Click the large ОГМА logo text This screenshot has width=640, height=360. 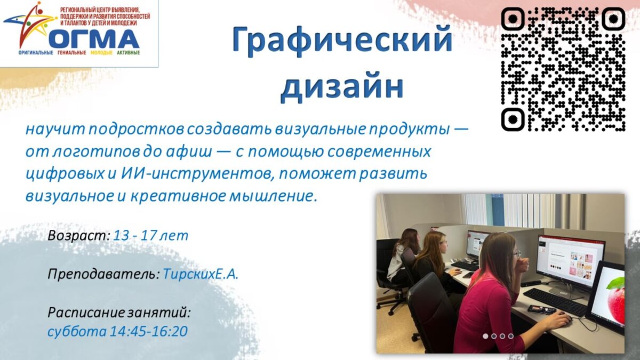coord(94,38)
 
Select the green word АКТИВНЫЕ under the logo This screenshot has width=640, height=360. coord(129,53)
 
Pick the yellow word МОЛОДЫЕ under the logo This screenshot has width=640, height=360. coord(101,53)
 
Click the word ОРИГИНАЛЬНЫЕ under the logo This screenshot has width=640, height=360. coord(36,53)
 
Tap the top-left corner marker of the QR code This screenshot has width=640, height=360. coord(513,19)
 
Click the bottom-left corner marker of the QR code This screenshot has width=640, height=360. coord(513,119)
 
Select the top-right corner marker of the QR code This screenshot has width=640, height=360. coord(613,19)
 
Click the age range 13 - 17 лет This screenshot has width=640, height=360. coord(151,236)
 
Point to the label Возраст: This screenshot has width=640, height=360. coord(79,236)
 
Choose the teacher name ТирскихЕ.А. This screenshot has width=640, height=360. coord(201,274)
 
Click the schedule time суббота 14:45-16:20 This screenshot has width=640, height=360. coord(117,331)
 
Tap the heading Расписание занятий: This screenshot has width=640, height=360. coord(119,313)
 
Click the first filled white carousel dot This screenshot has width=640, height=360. coord(485,337)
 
